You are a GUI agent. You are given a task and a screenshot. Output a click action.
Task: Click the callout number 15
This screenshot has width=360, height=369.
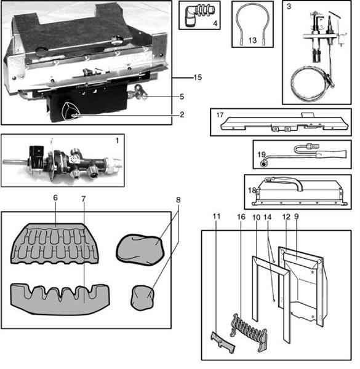[197, 77]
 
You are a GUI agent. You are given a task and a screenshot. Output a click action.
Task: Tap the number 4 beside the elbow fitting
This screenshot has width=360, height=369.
[213, 24]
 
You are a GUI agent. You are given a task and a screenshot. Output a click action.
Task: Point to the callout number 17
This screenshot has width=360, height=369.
[219, 115]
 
